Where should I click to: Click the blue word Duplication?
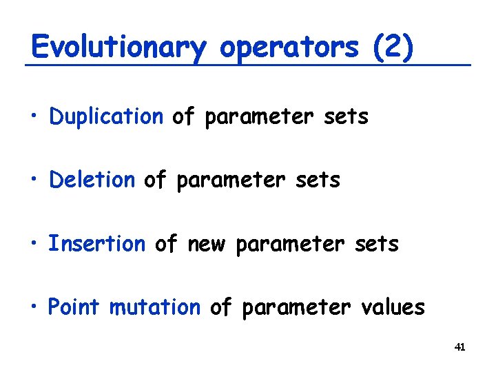click(106, 117)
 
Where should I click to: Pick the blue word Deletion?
click(92, 180)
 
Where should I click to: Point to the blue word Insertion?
click(97, 244)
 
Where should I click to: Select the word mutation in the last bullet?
click(155, 307)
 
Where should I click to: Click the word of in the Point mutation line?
click(220, 307)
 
